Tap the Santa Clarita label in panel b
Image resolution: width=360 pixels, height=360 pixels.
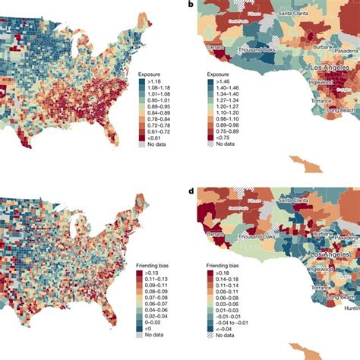tap(295, 13)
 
